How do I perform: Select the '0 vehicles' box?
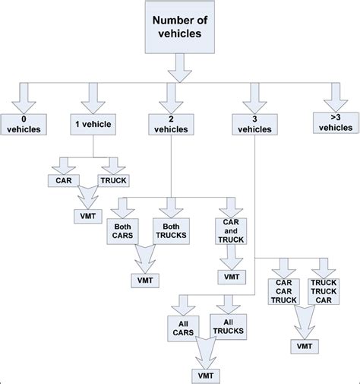(23, 123)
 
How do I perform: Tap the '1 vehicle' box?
(93, 124)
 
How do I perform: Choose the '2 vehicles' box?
(171, 124)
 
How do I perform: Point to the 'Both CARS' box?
(124, 232)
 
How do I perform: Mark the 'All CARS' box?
(183, 328)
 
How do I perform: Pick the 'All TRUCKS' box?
(229, 328)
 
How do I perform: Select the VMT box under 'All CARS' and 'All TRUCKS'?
(205, 376)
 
